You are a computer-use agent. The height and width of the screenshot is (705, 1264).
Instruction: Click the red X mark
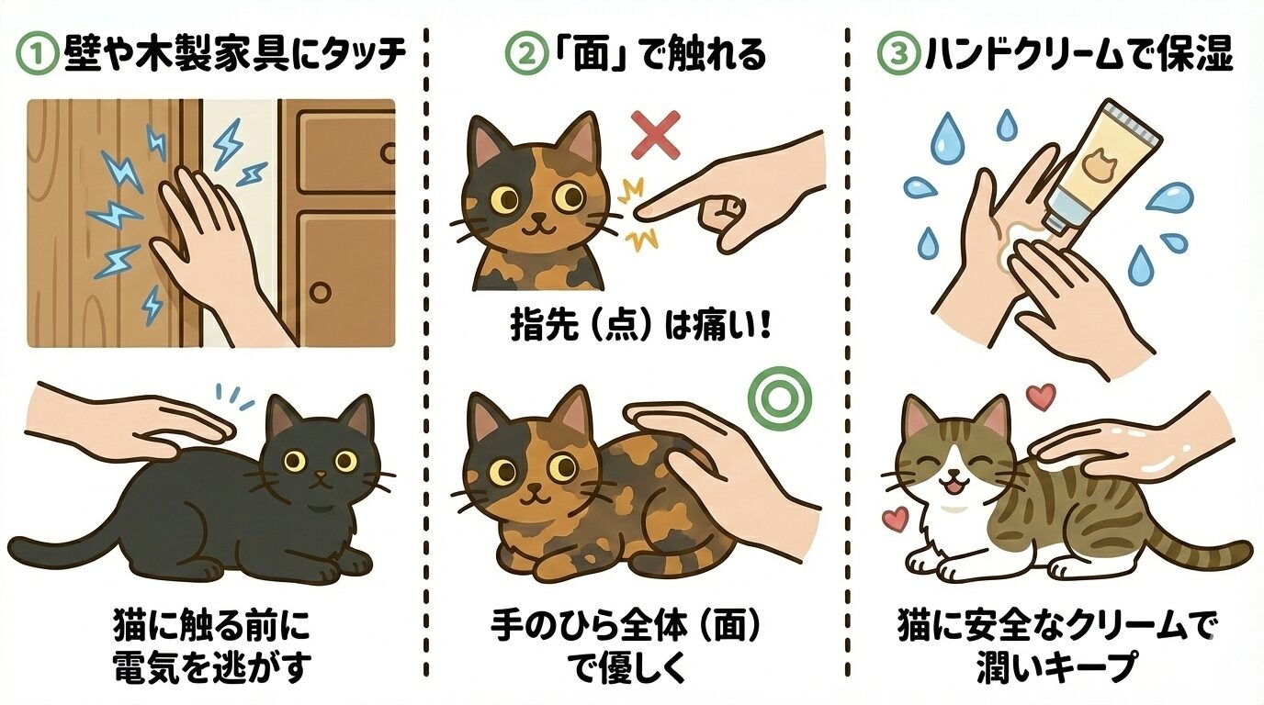coord(656,135)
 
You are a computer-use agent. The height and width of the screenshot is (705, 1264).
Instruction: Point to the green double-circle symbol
coord(771,395)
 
